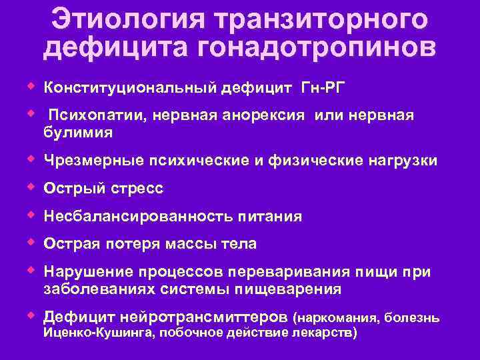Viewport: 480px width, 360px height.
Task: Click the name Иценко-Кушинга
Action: (x=96, y=332)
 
